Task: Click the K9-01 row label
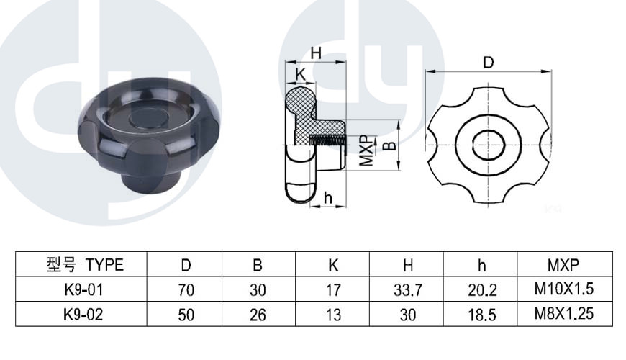coord(83,289)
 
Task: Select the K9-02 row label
coord(83,315)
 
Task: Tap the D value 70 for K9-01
coord(186,289)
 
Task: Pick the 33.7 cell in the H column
coord(407,289)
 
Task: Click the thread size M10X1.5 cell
coord(563,289)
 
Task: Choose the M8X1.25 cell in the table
coord(563,314)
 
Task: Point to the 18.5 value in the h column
coord(482,315)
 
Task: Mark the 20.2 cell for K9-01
coord(482,289)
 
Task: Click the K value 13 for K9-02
coord(333,315)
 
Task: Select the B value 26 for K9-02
coord(258,315)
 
